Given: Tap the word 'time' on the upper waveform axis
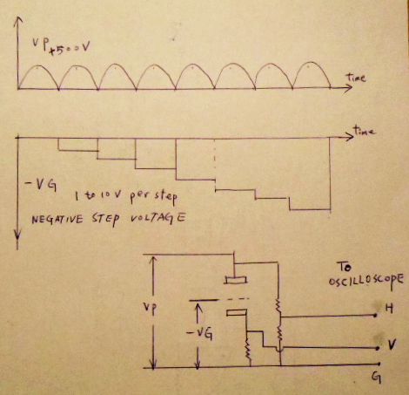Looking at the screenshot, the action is (356, 78).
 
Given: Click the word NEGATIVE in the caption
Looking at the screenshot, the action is (57, 219).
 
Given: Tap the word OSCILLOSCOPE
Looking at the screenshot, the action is (366, 281).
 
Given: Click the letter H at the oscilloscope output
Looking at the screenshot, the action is (389, 308).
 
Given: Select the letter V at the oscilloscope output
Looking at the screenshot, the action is (392, 345).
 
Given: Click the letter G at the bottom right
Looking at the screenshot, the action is (376, 378).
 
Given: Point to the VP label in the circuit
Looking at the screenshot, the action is (150, 308).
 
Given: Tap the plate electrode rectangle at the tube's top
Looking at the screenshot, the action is (236, 280).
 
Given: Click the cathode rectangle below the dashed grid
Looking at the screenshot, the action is (237, 313).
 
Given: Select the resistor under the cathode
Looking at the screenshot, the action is (248, 349).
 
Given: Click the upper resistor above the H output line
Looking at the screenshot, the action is (278, 307).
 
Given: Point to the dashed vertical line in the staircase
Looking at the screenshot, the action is (215, 164).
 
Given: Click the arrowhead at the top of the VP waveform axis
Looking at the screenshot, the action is (18, 20).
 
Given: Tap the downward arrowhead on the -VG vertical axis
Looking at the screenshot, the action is (17, 235).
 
